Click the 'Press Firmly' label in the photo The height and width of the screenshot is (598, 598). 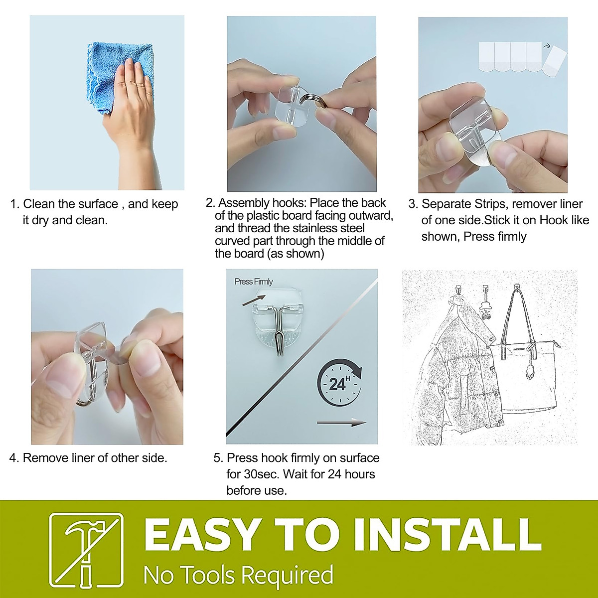(254, 282)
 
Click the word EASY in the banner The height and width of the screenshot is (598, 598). (202, 535)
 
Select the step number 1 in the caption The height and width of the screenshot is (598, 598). (14, 204)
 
